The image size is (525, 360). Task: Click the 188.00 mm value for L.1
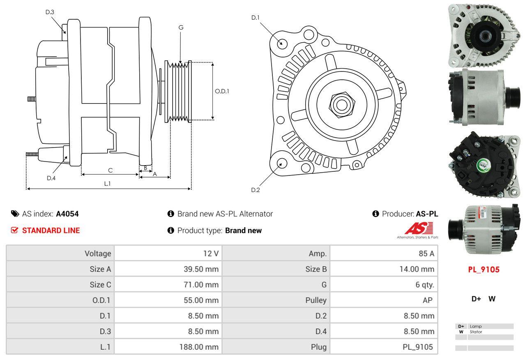tap(198, 347)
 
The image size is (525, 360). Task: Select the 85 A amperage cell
tap(426, 254)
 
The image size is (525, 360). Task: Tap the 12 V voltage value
tap(210, 254)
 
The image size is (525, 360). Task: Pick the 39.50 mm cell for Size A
tap(201, 269)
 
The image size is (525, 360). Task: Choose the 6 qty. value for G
tap(424, 285)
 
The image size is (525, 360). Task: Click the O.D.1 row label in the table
tap(101, 300)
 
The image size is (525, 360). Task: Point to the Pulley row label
tap(316, 300)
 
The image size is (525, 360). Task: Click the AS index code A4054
tap(67, 214)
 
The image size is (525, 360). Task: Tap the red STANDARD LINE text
tap(51, 231)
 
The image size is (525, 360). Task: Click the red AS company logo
tap(419, 228)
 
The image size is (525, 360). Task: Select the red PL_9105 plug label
tap(484, 270)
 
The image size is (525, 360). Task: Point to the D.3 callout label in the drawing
tap(49, 12)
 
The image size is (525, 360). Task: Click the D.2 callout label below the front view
tap(255, 190)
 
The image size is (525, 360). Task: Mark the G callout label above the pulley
tap(181, 28)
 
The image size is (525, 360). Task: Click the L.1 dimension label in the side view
tap(107, 184)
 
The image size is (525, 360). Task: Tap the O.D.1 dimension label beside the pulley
tap(222, 91)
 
